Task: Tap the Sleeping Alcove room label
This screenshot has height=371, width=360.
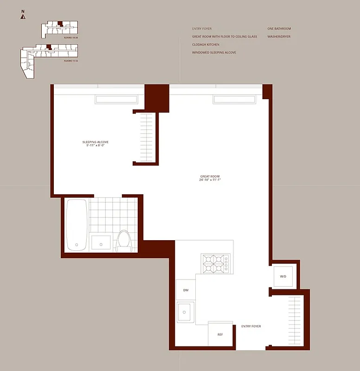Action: [95, 142]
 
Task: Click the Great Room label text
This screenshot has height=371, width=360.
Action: [210, 177]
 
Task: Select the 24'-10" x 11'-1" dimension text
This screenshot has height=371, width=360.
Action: [210, 180]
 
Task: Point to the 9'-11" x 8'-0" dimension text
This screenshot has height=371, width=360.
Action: [95, 146]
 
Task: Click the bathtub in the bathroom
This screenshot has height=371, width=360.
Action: [76, 224]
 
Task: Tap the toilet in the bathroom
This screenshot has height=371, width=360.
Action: [124, 240]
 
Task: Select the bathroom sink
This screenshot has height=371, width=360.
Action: [101, 242]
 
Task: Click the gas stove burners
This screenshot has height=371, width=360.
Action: [215, 263]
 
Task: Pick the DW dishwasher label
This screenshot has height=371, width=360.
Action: [186, 290]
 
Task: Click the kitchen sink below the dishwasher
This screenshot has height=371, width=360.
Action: [186, 312]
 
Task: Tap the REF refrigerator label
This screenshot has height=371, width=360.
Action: [220, 334]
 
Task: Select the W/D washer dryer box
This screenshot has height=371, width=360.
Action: [283, 276]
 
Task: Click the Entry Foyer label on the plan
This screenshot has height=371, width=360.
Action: [251, 326]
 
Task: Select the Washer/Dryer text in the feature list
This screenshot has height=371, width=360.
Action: [279, 37]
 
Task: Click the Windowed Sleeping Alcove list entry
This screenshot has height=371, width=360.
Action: [214, 53]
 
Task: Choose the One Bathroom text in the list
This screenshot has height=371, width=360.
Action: [278, 29]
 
